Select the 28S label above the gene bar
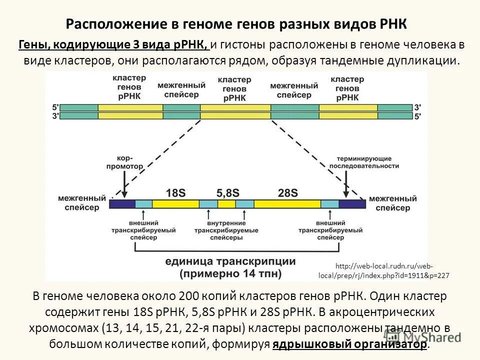pyautogui.click(x=287, y=192)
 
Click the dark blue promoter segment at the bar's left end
pyautogui.click(x=122, y=204)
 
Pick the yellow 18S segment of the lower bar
pyautogui.click(x=175, y=204)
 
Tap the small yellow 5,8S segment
pyautogui.click(x=226, y=204)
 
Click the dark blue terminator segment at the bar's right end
pyautogui.click(x=352, y=204)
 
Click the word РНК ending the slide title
pyautogui.click(x=394, y=24)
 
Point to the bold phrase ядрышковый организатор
pyautogui.click(x=350, y=344)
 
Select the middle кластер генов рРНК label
pyautogui.click(x=234, y=88)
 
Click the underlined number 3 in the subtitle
pyautogui.click(x=136, y=45)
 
